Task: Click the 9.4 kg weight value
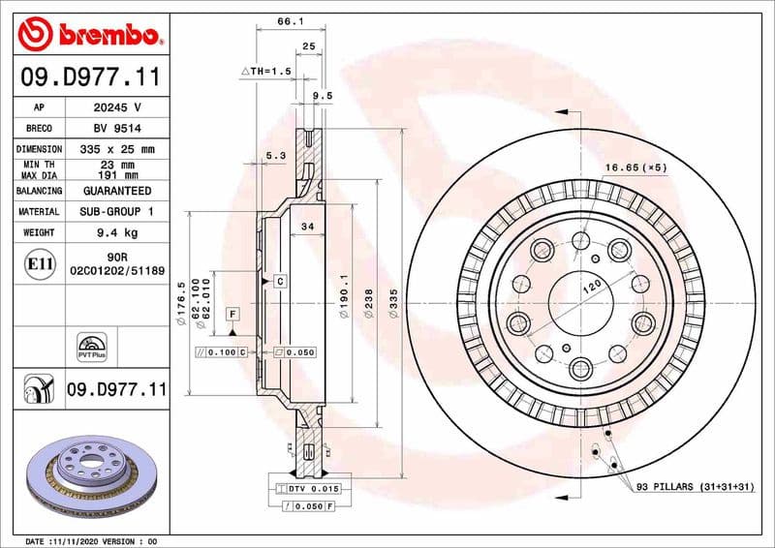coord(117,232)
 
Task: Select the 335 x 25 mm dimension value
coord(117,149)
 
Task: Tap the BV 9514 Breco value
coord(117,128)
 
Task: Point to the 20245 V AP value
coord(117,107)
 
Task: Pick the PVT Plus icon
coord(89,348)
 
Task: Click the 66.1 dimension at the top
coord(286,20)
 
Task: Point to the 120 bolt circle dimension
coord(592,287)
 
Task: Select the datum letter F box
coord(232,314)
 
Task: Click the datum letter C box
coord(279,281)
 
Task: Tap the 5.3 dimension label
coord(275,155)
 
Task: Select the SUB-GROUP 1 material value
coord(117,211)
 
